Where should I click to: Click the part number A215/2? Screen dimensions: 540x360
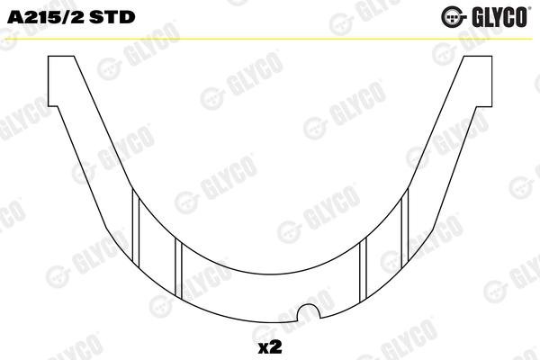pos(46,17)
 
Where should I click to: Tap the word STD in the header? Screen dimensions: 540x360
pos(112,17)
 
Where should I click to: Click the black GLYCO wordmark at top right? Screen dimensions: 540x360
pos(499,17)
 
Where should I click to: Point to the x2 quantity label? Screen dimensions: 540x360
pos(270,347)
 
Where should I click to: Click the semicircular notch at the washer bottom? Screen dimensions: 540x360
pos(309,311)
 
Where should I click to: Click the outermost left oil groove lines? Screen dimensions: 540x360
pos(136,228)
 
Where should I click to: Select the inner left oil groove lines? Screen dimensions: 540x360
pos(178,268)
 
